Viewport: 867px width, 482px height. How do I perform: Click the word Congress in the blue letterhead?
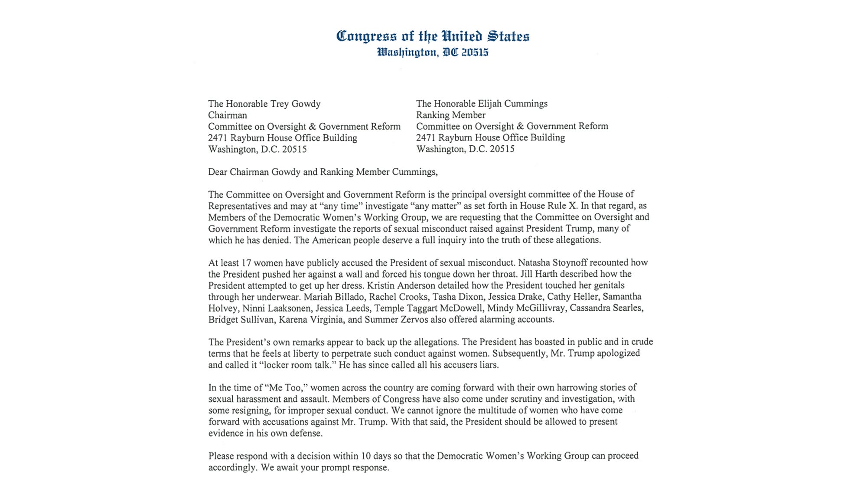pos(366,36)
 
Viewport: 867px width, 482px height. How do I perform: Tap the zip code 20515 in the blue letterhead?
pos(475,52)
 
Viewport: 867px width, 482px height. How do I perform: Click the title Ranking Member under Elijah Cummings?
pos(450,115)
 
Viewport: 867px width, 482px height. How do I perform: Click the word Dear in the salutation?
pos(218,172)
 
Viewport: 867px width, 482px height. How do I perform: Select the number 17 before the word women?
pos(246,262)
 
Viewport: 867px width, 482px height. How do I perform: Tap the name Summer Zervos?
pos(396,320)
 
